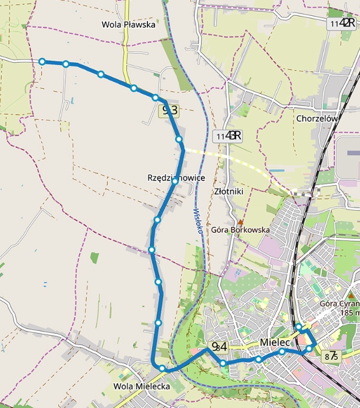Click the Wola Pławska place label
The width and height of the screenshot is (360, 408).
pyautogui.click(x=128, y=25)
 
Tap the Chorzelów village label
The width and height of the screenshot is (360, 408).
pyautogui.click(x=317, y=118)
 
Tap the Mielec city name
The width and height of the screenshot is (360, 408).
pyautogui.click(x=275, y=342)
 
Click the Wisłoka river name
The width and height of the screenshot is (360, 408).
pyautogui.click(x=198, y=220)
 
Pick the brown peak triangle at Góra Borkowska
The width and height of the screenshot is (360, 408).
pyautogui.click(x=240, y=222)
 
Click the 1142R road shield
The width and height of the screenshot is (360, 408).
pyautogui.click(x=342, y=22)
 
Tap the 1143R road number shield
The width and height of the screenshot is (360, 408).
pyautogui.click(x=228, y=136)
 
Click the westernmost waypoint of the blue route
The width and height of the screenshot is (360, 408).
pyautogui.click(x=42, y=61)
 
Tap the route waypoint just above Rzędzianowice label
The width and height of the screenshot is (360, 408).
pyautogui.click(x=179, y=139)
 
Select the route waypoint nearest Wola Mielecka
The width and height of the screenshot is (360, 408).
pyautogui.click(x=162, y=368)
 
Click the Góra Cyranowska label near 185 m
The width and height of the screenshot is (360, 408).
pyautogui.click(x=340, y=304)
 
